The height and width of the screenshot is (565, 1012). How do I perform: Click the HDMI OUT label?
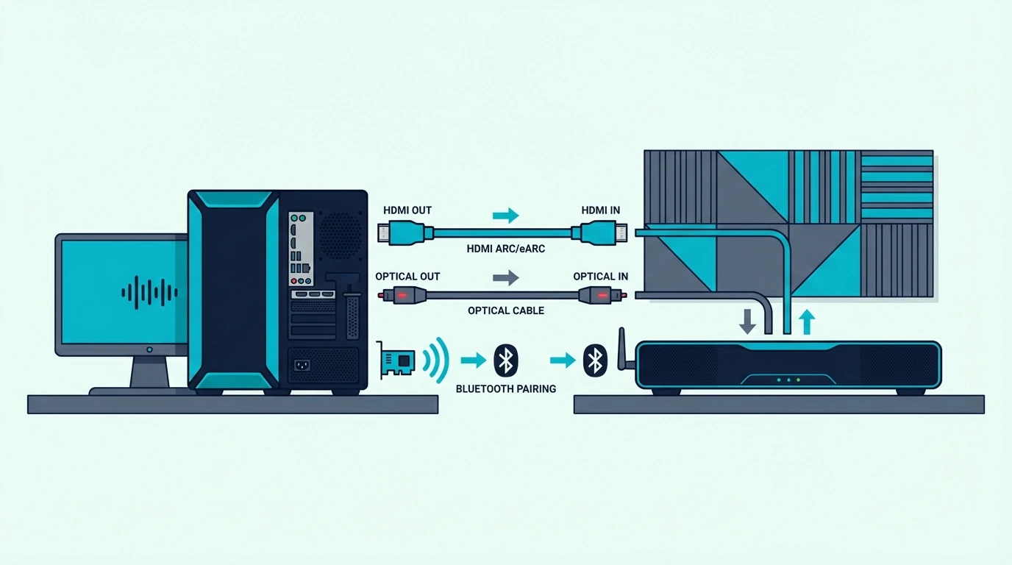[407, 210]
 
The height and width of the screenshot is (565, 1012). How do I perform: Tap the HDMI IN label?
[600, 210]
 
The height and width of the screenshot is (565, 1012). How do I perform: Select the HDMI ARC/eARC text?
[505, 249]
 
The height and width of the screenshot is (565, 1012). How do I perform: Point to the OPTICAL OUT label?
[407, 276]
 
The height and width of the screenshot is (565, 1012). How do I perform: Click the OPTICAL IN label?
[600, 276]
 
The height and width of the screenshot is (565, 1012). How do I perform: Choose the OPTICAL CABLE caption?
[505, 310]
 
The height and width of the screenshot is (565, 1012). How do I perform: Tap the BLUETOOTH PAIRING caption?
[505, 388]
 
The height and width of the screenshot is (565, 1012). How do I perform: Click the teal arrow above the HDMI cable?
[505, 215]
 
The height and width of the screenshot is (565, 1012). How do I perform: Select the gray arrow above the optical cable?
[505, 277]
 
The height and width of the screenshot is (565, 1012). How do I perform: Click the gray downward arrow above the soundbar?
[747, 321]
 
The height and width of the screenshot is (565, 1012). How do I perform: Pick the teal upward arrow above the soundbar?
[807, 321]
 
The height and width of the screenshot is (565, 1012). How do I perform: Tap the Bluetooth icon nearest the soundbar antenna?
[595, 360]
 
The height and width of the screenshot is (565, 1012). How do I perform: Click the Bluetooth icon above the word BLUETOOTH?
[505, 360]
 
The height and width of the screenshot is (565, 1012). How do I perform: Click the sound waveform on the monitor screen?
[149, 293]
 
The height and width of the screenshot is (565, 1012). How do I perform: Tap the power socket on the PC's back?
[302, 365]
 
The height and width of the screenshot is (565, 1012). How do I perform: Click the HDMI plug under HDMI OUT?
[405, 233]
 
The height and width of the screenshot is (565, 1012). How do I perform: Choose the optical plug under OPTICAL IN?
[602, 296]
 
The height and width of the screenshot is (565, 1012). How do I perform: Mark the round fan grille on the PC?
[341, 235]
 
